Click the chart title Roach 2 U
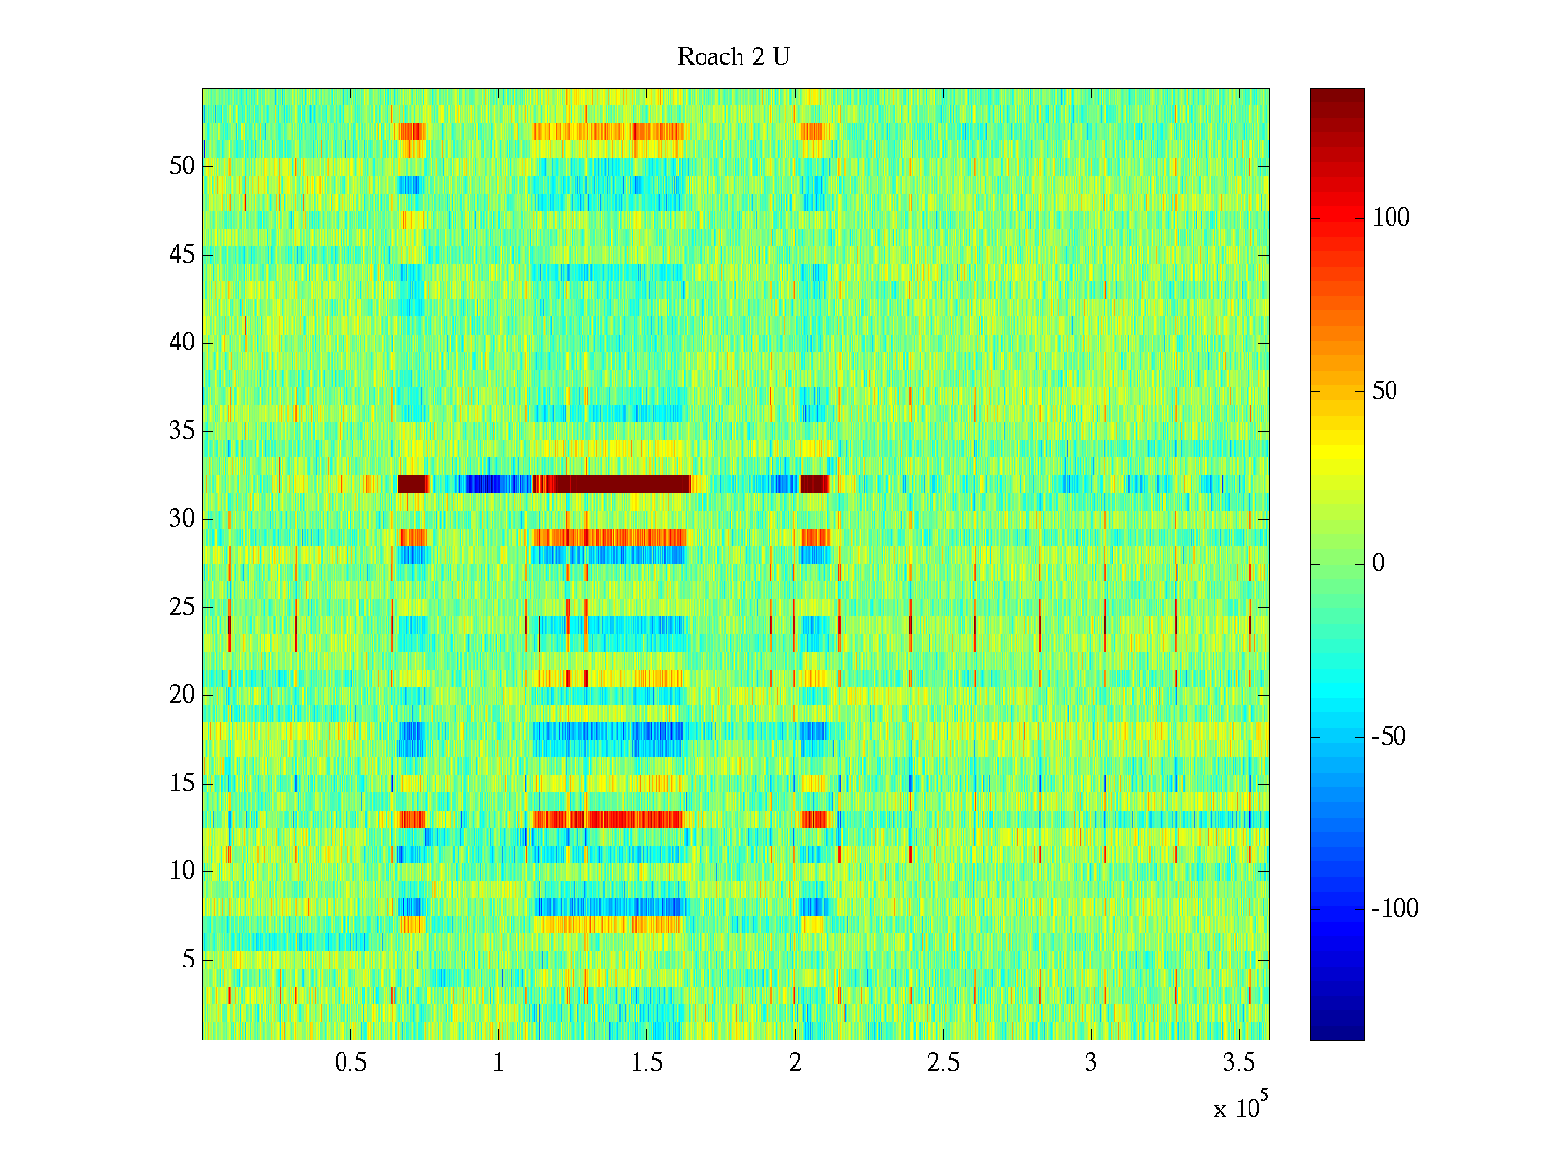tap(734, 57)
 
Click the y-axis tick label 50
tap(182, 166)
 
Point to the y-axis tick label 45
tap(182, 255)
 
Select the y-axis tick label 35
tap(182, 431)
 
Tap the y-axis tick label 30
tap(182, 519)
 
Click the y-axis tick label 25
tap(182, 607)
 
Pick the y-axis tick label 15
tap(182, 784)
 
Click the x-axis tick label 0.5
tap(350, 1063)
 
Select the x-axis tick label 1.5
tap(646, 1063)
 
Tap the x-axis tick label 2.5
tap(942, 1063)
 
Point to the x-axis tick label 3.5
tap(1238, 1063)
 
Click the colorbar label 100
tap(1391, 218)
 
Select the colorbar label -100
tap(1394, 909)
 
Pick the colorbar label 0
tap(1378, 564)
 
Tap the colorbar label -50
tap(1389, 737)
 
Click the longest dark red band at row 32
tap(613, 484)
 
